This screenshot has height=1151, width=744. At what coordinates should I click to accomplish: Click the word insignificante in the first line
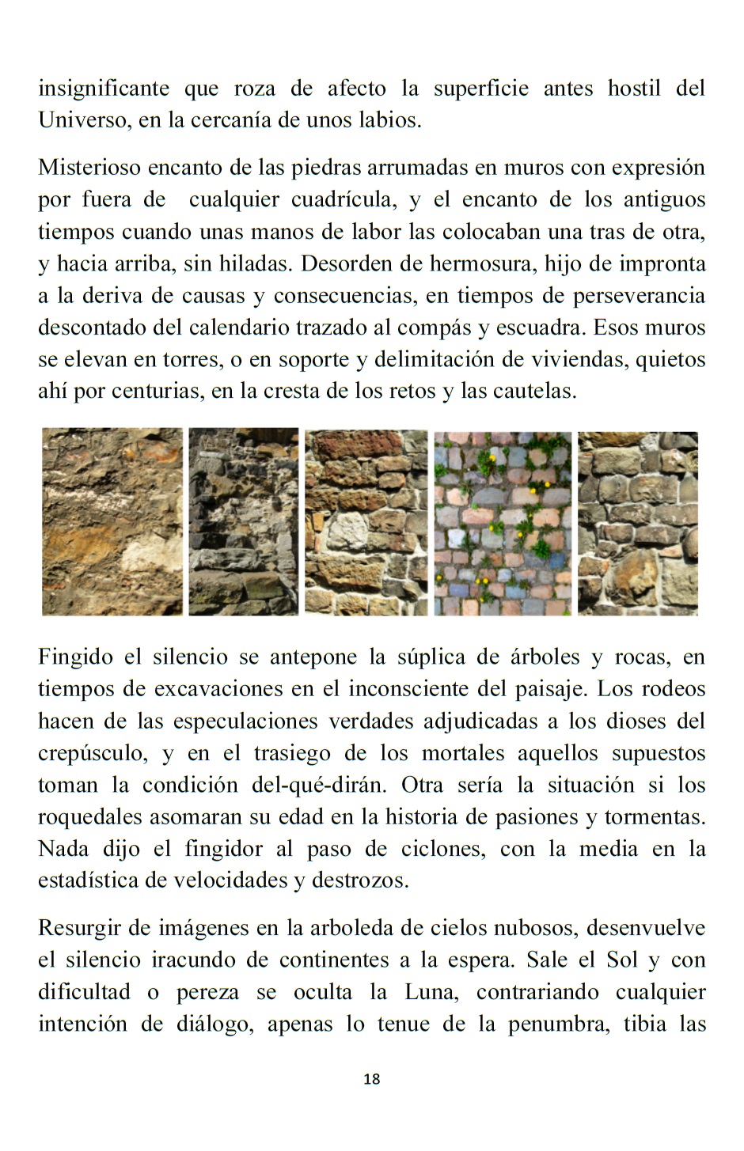coord(104,89)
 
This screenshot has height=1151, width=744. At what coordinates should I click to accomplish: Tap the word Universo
coord(84,120)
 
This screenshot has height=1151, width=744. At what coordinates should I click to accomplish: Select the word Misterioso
coord(89,168)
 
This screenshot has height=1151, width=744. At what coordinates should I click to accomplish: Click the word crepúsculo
coord(92,753)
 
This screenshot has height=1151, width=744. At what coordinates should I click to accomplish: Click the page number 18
coord(372,1079)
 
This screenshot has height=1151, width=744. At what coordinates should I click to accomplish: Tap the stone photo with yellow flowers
coord(503,523)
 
